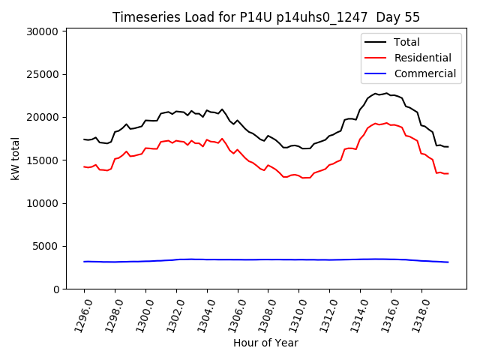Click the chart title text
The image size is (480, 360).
click(266, 17)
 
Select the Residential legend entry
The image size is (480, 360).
click(422, 58)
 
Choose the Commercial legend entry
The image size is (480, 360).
click(424, 73)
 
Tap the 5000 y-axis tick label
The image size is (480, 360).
click(46, 246)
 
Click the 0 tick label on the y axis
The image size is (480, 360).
click(56, 289)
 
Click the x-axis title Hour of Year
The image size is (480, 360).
click(265, 343)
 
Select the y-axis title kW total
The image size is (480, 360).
click(15, 158)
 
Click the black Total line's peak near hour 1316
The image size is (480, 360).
click(387, 93)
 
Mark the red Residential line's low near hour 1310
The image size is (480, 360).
click(303, 178)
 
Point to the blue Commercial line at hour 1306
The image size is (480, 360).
click(238, 259)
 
